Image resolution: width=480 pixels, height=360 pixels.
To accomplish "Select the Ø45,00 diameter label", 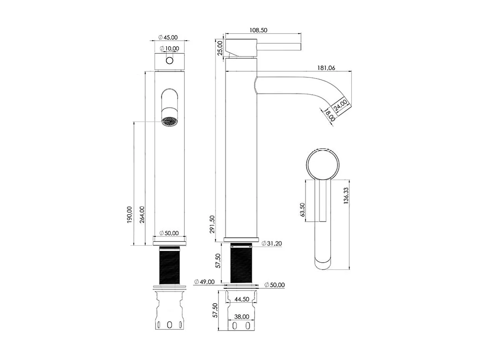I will (168, 37).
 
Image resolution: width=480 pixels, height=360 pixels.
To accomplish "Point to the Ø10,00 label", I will (169, 49).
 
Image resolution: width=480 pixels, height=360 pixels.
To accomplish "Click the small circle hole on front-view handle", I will (169, 61).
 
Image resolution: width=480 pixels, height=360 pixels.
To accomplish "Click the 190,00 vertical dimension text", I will (130, 215).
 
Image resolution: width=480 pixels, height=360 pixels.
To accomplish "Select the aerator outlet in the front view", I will (169, 121).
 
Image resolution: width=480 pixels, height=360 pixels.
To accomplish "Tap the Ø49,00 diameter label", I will (204, 281).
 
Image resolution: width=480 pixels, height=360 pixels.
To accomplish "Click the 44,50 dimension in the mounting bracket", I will (241, 299).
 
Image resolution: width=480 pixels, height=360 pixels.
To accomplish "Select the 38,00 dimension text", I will (241, 317).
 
